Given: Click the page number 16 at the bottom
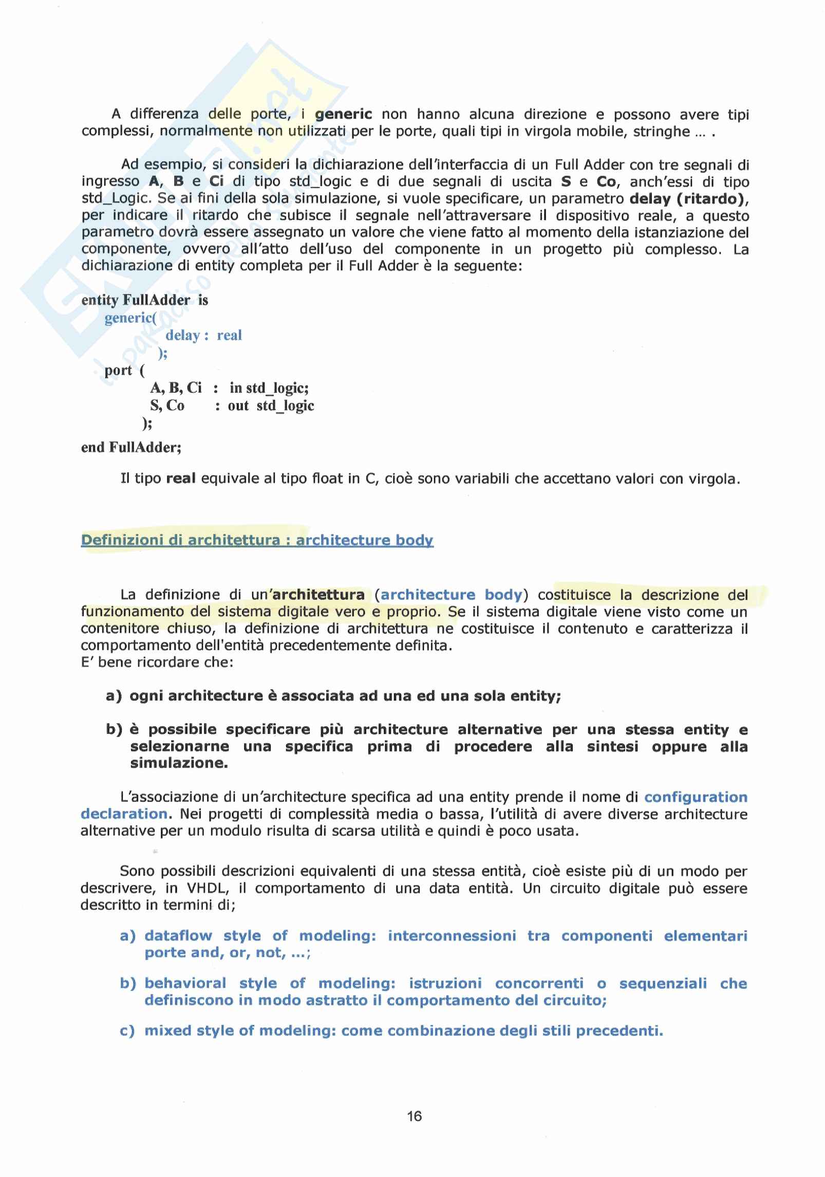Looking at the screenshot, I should click(x=414, y=1116).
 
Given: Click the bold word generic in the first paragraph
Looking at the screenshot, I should click(x=343, y=114).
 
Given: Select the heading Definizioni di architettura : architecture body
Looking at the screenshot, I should click(x=257, y=540).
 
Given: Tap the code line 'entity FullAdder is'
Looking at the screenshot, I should click(x=144, y=300).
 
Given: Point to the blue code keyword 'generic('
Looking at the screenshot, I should click(x=130, y=318).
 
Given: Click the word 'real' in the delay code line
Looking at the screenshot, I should click(x=229, y=336).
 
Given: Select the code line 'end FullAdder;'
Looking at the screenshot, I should click(x=131, y=447).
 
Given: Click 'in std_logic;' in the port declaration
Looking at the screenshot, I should click(x=269, y=388).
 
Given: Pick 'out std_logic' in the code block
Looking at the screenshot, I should click(x=271, y=406).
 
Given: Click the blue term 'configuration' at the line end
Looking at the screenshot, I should click(x=696, y=797).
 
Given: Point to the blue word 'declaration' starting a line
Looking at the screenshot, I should click(x=124, y=814).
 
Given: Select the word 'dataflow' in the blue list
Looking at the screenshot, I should click(x=178, y=935).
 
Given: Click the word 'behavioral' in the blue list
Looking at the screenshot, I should click(x=185, y=983).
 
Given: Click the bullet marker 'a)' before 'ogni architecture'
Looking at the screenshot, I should click(x=114, y=696).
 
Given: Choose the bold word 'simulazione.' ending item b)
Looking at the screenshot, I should click(x=179, y=763).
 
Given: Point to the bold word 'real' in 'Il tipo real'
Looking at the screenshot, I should click(x=181, y=479).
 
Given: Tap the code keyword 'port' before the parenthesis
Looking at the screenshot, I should click(x=118, y=371).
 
